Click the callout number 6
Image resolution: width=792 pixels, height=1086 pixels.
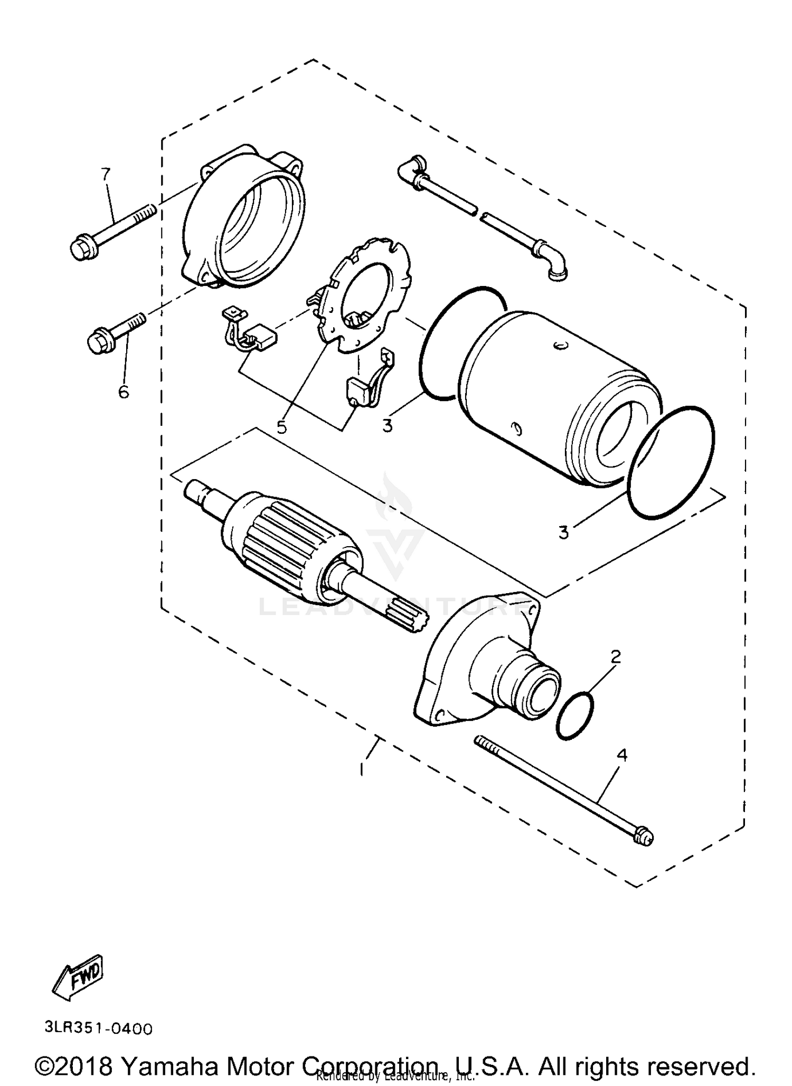123,392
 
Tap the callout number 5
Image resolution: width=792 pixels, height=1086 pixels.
282,426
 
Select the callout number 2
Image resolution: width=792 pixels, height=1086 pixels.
616,656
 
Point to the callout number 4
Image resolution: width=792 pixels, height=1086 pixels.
622,756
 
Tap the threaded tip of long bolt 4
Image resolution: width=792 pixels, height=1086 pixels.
485,744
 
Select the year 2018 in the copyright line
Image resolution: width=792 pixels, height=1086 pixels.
84,1065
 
